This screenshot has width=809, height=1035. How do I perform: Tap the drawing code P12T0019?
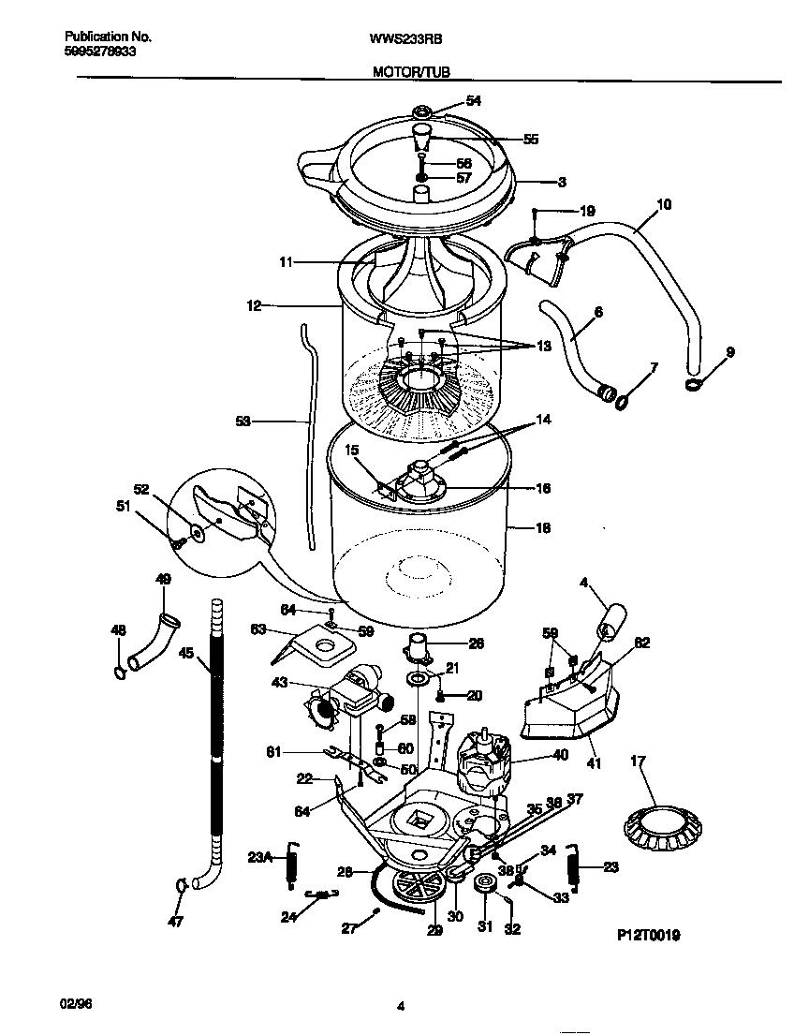(x=648, y=935)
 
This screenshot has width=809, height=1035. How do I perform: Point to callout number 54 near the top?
(x=473, y=101)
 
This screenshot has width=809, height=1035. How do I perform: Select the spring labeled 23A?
(x=291, y=859)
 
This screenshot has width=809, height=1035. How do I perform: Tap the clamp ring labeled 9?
(x=694, y=383)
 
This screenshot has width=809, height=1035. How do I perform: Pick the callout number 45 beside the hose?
(x=185, y=655)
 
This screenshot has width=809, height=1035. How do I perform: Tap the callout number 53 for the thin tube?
(x=243, y=421)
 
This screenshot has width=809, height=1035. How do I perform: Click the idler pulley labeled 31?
(x=485, y=885)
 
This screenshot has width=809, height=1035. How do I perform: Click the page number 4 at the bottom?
(x=401, y=1007)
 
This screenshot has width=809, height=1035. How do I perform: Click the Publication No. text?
(x=108, y=37)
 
